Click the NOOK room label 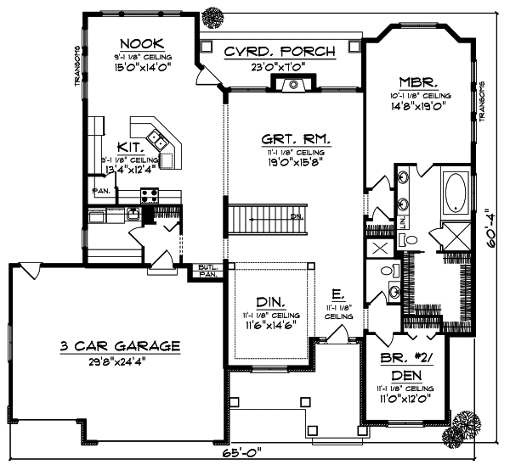[x=142, y=43]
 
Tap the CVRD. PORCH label [x=280, y=52]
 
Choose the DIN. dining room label [x=269, y=302]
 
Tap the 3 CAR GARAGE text [x=119, y=345]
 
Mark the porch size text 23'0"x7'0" [x=280, y=65]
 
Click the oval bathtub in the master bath [x=455, y=192]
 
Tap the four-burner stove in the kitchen [x=150, y=196]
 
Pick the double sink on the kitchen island [x=156, y=136]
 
